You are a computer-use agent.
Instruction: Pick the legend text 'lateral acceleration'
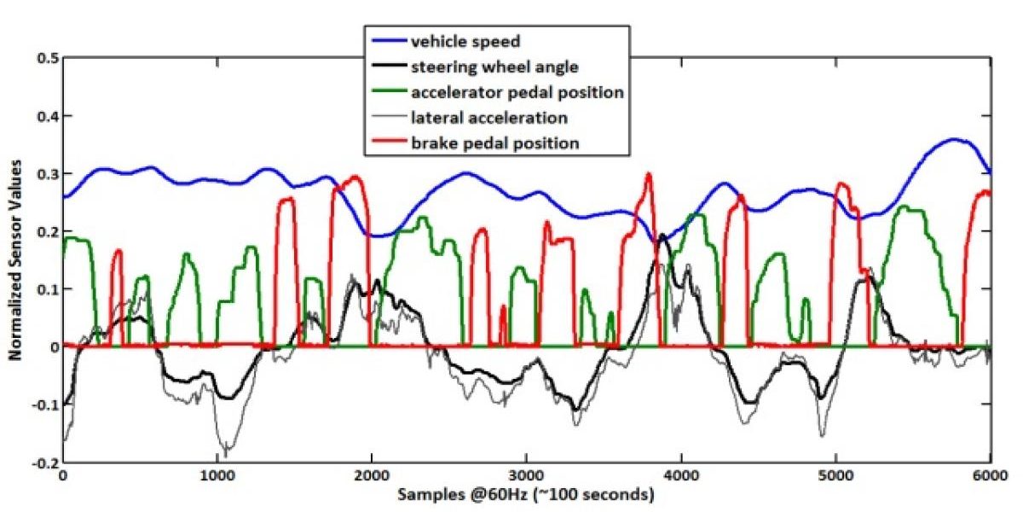click(x=488, y=117)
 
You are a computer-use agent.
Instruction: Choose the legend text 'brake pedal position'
click(x=494, y=143)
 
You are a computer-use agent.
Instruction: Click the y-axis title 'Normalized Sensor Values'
click(x=15, y=260)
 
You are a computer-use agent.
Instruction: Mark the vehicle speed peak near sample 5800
click(x=957, y=139)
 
